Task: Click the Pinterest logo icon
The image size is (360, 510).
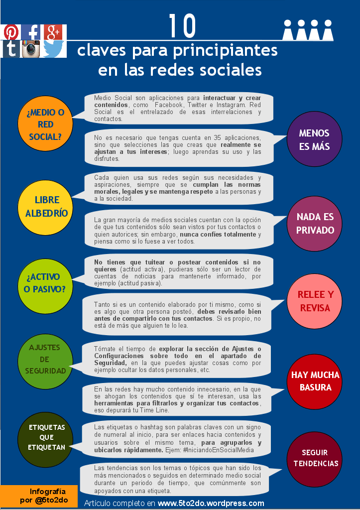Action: click(x=10, y=32)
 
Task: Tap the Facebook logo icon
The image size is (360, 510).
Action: click(x=32, y=32)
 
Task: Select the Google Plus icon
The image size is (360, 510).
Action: click(x=54, y=32)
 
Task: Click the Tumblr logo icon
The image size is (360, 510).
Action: click(x=10, y=49)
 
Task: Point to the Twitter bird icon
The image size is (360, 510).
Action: click(x=54, y=49)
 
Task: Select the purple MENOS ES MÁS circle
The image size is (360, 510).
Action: click(x=314, y=140)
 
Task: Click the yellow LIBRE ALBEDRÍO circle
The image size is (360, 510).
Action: click(x=47, y=207)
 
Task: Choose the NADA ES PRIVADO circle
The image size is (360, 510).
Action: click(x=315, y=224)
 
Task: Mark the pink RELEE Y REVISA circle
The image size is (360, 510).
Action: click(x=315, y=301)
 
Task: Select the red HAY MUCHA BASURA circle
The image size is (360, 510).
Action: click(x=315, y=381)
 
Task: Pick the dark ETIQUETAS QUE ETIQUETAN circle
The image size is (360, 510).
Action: click(x=47, y=437)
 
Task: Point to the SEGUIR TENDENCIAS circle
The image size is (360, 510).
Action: click(x=315, y=458)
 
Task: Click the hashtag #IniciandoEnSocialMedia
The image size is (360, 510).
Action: click(x=219, y=450)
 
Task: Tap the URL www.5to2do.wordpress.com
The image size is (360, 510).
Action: click(x=211, y=503)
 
